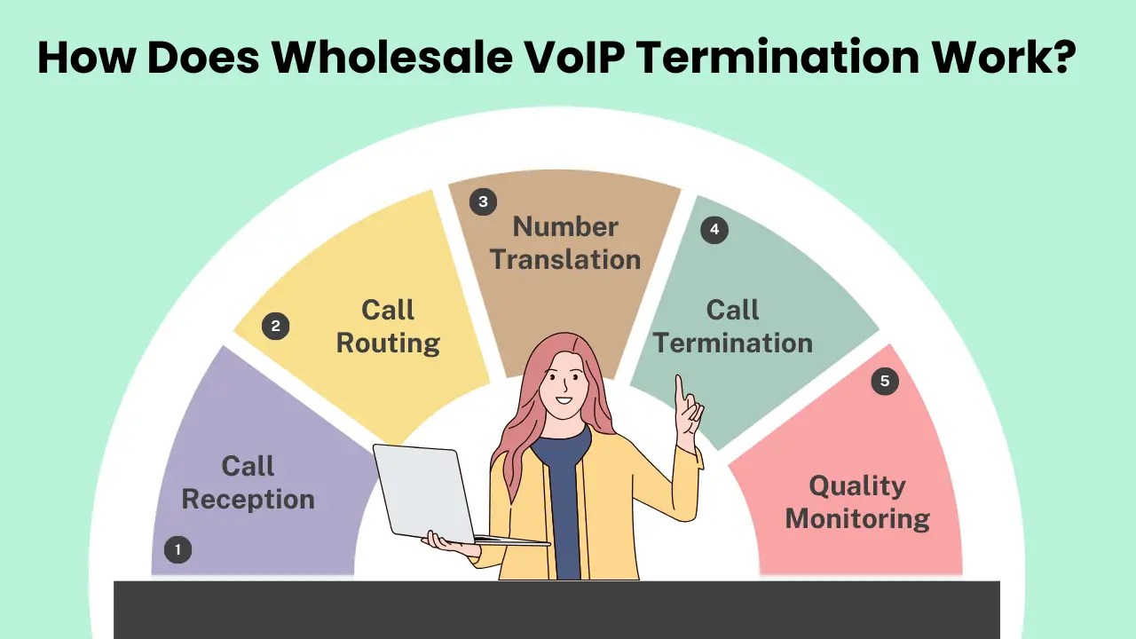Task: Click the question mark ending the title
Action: [1063, 57]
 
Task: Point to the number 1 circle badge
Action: [177, 550]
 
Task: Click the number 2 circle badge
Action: [275, 327]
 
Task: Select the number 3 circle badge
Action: [483, 202]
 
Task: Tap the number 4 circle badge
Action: [714, 231]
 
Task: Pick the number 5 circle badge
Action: [884, 382]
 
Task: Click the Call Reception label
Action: [248, 483]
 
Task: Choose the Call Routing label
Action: [388, 327]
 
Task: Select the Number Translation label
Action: [565, 243]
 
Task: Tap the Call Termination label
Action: [733, 327]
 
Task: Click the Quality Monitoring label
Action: [857, 502]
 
